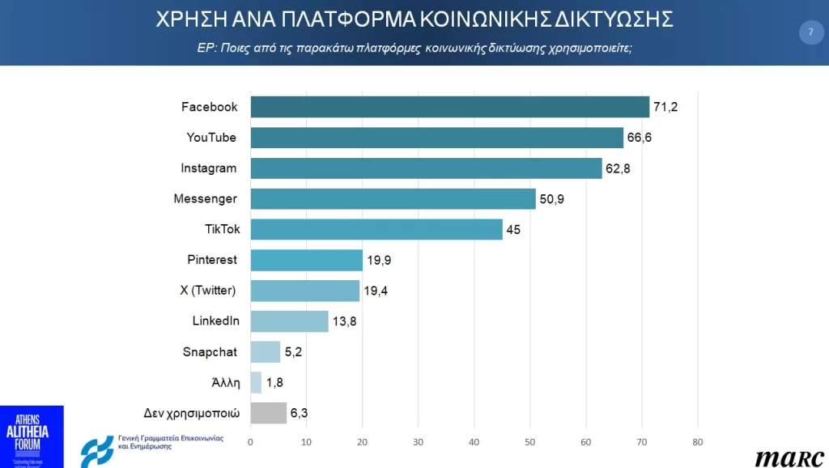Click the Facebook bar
tap(449, 107)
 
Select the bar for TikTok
tap(376, 229)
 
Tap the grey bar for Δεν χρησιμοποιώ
tap(268, 413)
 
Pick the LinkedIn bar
tap(289, 321)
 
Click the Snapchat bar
tap(266, 352)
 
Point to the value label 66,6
tap(639, 138)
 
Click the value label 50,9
tap(551, 199)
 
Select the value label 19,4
tap(376, 291)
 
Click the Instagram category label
tap(209, 168)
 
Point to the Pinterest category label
tap(212, 260)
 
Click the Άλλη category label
tap(224, 382)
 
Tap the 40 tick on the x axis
tap(474, 442)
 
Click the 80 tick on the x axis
tap(697, 442)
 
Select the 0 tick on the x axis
tap(250, 442)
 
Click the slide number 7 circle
tap(810, 32)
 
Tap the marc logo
tap(789, 457)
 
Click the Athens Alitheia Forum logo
tap(32, 436)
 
